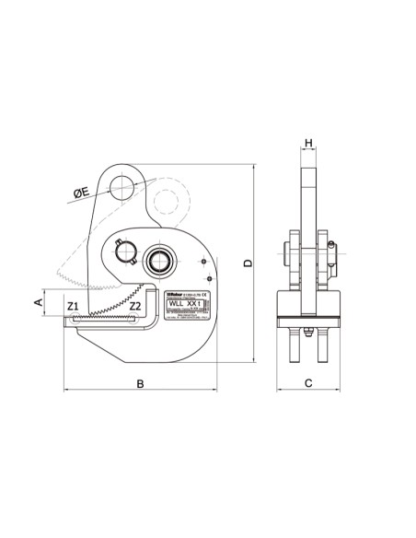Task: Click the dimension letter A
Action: click(38, 301)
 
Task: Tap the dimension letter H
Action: click(309, 144)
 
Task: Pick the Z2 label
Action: click(134, 305)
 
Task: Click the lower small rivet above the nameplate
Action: click(210, 279)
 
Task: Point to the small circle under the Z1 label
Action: click(73, 318)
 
